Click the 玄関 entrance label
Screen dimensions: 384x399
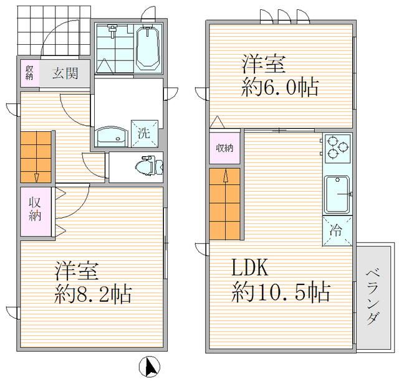pos(65,73)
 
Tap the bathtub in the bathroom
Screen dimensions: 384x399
pos(148,49)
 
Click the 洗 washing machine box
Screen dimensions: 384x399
pos(143,132)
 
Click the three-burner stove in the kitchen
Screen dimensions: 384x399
pos(337,148)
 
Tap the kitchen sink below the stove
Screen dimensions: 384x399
pos(337,194)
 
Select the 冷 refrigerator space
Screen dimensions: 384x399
pos(337,230)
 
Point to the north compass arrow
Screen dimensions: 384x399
pos(150,367)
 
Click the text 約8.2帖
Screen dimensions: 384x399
pos(92,293)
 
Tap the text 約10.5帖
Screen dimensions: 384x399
pos(281,291)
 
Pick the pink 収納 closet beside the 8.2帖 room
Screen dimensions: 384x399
pos(34,210)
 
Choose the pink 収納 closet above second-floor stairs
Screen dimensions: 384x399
pos(224,148)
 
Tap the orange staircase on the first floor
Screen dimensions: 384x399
pos(36,157)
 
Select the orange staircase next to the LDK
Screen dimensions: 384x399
pos(225,203)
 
